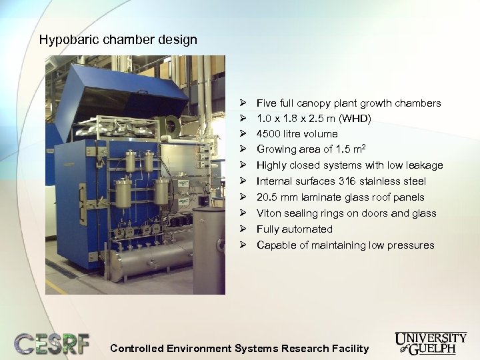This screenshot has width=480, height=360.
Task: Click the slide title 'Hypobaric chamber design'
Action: (118, 39)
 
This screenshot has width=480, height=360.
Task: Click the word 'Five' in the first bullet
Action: (267, 103)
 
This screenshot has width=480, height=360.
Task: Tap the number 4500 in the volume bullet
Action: (269, 134)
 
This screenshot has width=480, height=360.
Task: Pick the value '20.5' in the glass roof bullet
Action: (268, 197)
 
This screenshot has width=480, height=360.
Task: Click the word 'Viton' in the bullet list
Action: (269, 213)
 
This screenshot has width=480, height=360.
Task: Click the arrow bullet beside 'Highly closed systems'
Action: (244, 165)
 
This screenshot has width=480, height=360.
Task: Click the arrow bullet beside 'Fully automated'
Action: (244, 229)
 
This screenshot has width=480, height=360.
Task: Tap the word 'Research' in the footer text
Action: (305, 348)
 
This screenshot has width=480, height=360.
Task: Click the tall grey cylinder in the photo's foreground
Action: (208, 250)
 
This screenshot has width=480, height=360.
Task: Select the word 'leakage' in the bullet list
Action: (424, 165)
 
